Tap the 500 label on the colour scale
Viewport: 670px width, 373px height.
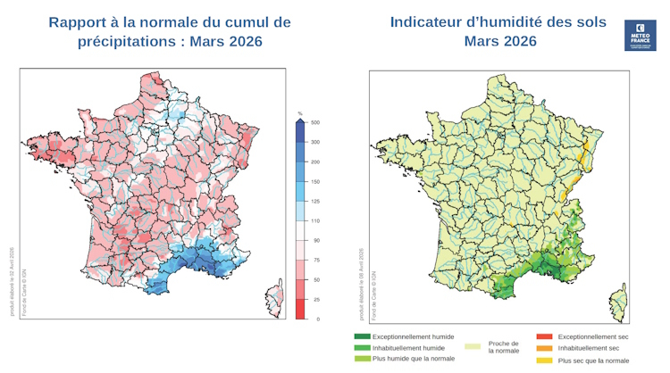(315, 122)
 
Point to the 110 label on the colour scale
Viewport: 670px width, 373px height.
(315, 220)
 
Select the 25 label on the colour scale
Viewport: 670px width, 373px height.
(314, 299)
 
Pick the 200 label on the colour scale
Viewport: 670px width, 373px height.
(315, 162)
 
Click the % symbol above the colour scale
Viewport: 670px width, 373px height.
(300, 113)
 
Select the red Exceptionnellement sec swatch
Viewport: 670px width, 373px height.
(544, 337)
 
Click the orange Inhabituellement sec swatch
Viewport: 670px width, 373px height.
(544, 348)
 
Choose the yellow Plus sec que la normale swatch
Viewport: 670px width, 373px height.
(544, 360)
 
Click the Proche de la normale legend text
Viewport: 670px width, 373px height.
(503, 347)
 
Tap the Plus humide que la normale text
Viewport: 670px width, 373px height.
(414, 359)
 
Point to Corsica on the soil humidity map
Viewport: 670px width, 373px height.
(617, 300)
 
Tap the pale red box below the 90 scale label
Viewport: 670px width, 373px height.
(301, 250)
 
